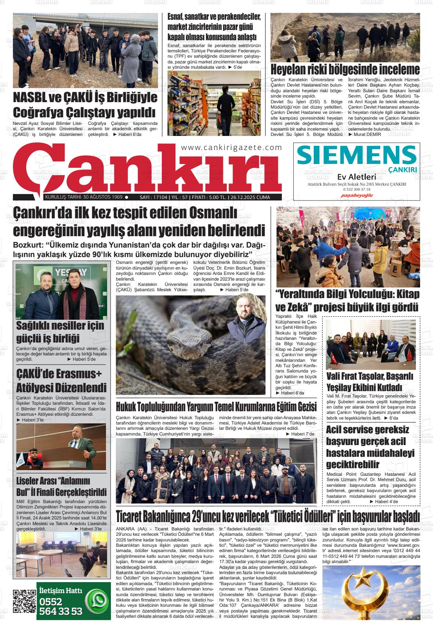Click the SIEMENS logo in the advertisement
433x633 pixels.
tap(357, 155)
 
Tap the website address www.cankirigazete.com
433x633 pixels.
tap(231, 147)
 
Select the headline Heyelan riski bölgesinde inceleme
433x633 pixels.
tap(345, 70)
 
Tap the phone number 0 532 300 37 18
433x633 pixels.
tap(357, 189)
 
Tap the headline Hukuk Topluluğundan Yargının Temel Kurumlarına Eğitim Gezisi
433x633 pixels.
tap(216, 407)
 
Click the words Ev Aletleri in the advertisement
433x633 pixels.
tap(357, 177)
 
